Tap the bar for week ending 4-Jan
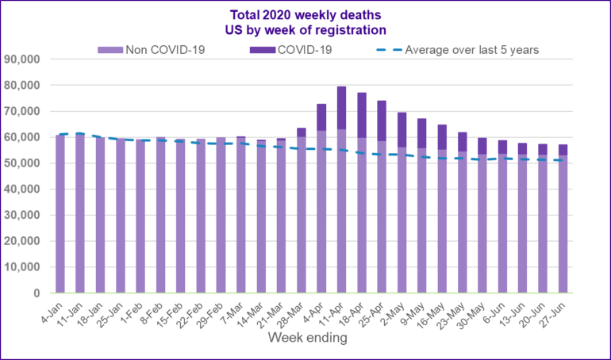coord(60,214)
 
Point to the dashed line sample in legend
coord(386,50)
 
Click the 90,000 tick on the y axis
coord(26,59)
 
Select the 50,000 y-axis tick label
coord(26,163)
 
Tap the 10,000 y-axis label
coord(26,266)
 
